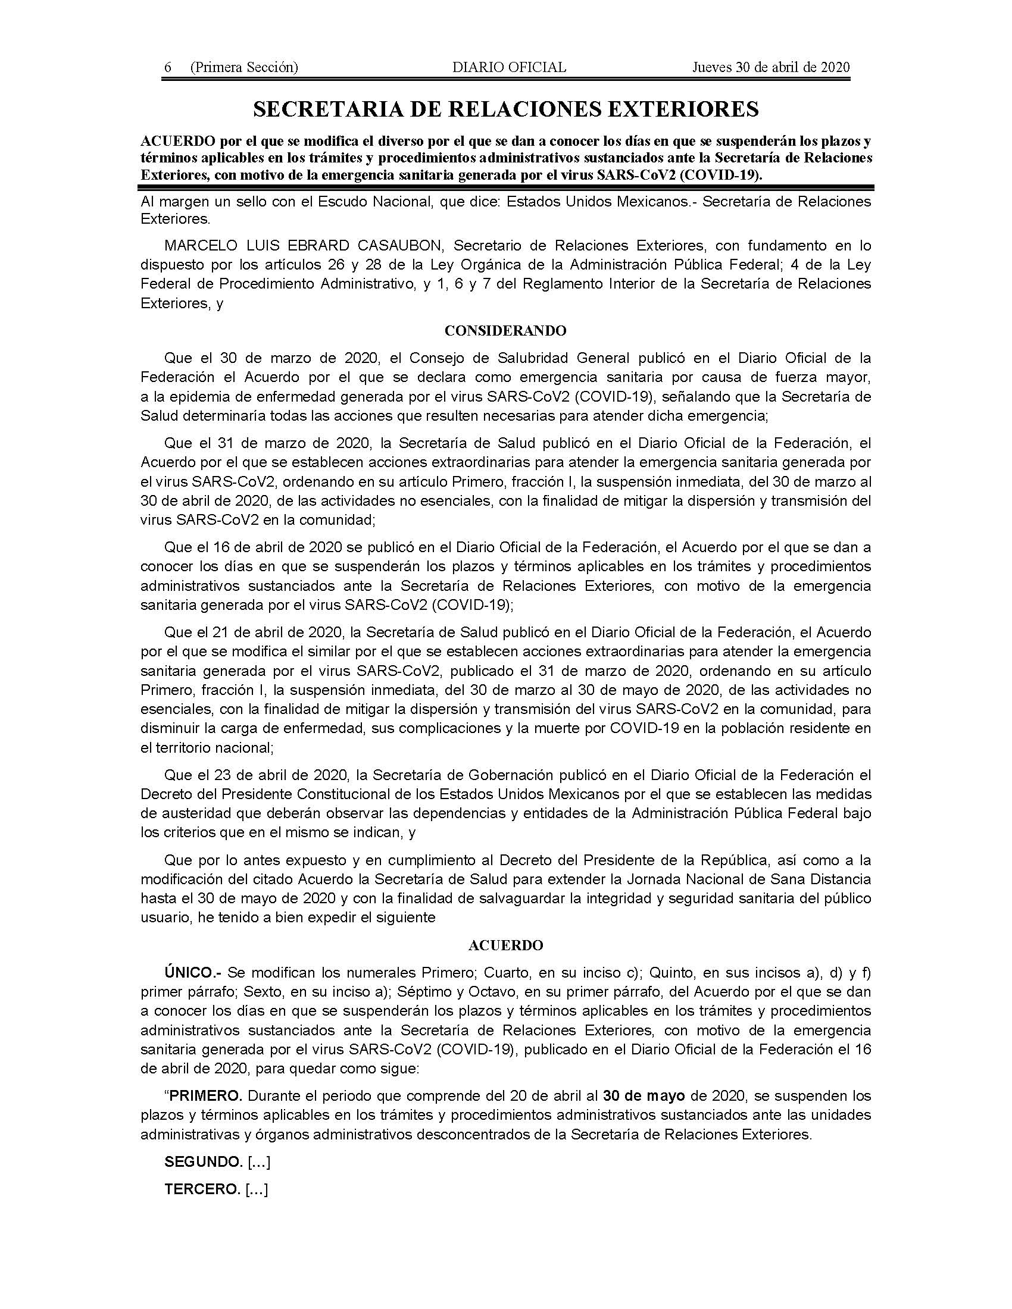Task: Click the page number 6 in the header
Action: pos(168,67)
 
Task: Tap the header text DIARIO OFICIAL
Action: pos(509,67)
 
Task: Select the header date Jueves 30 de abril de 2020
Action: pos(771,67)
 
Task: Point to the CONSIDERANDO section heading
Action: pos(505,331)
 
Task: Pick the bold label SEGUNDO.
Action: pos(203,1162)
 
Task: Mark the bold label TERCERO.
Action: pos(202,1189)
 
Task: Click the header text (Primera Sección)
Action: pos(243,67)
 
